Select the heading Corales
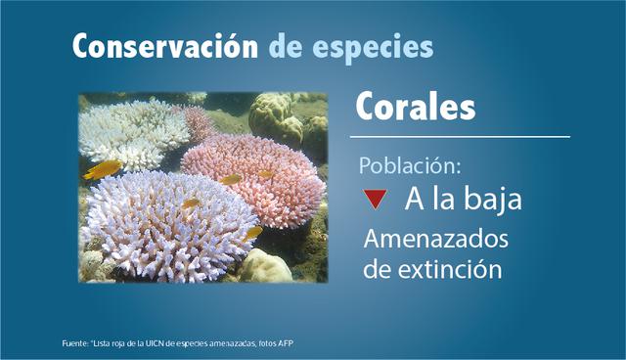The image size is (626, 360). (x=416, y=106)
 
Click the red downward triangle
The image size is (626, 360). (x=373, y=200)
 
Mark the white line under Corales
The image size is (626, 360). (x=460, y=137)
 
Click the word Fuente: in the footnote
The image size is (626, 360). (x=74, y=343)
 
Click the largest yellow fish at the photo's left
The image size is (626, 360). (x=103, y=169)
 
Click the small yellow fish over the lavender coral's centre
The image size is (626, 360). (x=192, y=203)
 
